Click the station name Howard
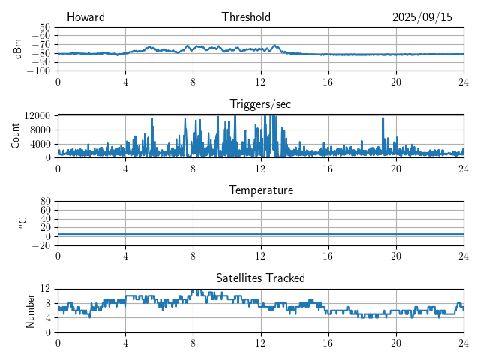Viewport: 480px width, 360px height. click(85, 17)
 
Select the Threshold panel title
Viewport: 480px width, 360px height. click(246, 17)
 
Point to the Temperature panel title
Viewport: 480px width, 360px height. click(261, 190)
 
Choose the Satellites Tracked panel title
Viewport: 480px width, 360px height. click(261, 277)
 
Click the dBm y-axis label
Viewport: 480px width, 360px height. click(18, 49)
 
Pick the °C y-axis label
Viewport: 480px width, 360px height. click(22, 223)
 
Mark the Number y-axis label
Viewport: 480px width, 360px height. click(31, 310)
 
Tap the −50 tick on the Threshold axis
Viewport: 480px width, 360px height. click(41, 27)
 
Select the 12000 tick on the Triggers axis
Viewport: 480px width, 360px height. click(37, 115)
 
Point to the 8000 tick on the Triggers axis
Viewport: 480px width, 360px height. click(40, 129)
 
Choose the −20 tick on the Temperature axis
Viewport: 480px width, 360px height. click(41, 245)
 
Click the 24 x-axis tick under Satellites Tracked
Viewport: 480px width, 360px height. click(463, 343)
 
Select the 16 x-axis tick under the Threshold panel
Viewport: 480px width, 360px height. click(328, 82)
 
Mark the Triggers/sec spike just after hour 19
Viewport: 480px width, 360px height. click(383, 118)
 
